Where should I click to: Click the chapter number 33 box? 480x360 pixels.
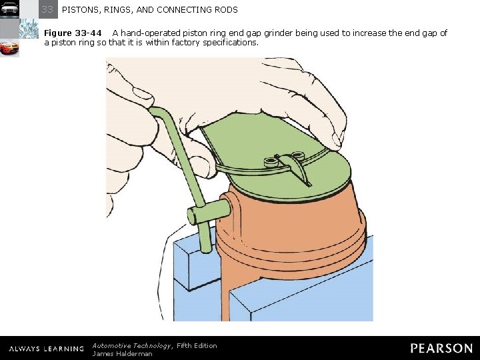(x=48, y=9)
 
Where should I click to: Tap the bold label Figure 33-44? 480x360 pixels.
(x=73, y=33)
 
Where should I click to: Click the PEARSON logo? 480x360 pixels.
(x=441, y=349)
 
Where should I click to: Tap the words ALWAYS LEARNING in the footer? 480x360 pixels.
(x=47, y=349)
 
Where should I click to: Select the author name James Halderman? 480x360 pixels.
(x=122, y=354)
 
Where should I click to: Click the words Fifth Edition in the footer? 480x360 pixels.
(x=197, y=345)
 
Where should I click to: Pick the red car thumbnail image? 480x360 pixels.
(x=9, y=47)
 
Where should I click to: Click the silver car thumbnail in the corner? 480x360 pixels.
(x=9, y=9)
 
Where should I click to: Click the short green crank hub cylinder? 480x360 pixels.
(x=209, y=211)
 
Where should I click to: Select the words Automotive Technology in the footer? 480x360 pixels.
(x=132, y=346)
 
